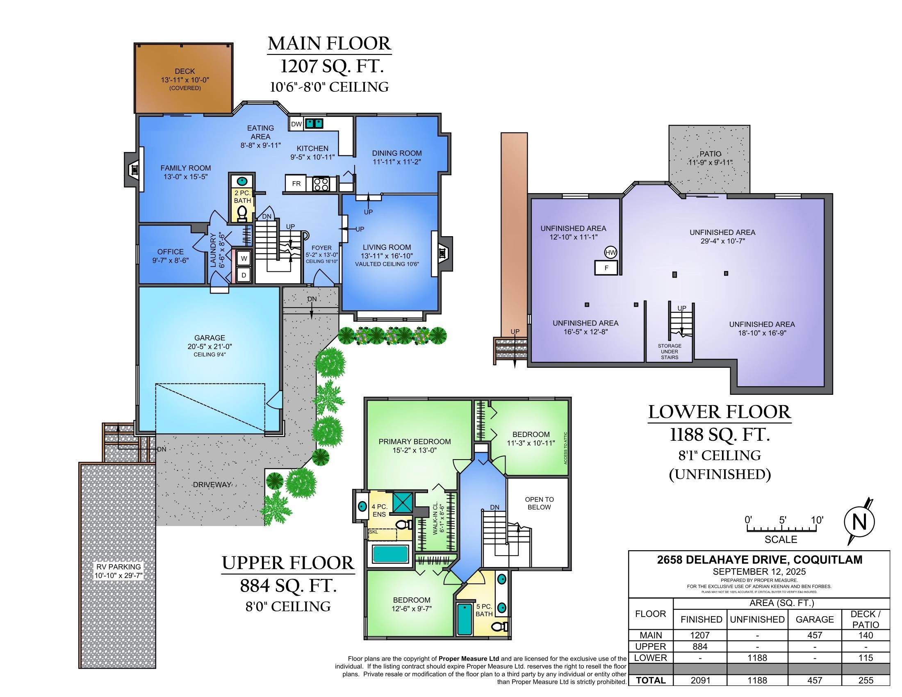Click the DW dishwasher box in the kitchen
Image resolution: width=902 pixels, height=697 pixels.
[296, 124]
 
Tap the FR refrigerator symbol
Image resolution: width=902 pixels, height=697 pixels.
[296, 183]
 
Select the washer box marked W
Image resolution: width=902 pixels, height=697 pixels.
[244, 258]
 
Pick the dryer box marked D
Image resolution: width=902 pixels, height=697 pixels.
[244, 275]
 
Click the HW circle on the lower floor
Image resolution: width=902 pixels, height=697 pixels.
[610, 252]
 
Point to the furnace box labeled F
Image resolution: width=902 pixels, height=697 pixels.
[606, 268]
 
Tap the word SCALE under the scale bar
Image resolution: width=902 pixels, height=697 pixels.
[781, 539]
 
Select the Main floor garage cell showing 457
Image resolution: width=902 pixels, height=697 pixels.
[814, 635]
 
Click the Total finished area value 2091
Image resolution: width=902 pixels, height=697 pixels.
[700, 680]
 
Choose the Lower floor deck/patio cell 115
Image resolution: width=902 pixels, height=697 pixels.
[865, 658]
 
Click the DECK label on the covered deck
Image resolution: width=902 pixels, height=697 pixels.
[184, 71]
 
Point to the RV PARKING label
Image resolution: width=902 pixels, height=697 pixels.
[119, 567]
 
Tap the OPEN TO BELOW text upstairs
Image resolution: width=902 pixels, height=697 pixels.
[539, 503]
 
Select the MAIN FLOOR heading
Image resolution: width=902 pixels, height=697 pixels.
[329, 43]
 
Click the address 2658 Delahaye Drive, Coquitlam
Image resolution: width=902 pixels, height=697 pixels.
[759, 560]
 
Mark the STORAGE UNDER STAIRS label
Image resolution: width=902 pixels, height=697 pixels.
[670, 351]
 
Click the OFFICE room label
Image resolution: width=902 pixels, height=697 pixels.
[170, 251]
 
